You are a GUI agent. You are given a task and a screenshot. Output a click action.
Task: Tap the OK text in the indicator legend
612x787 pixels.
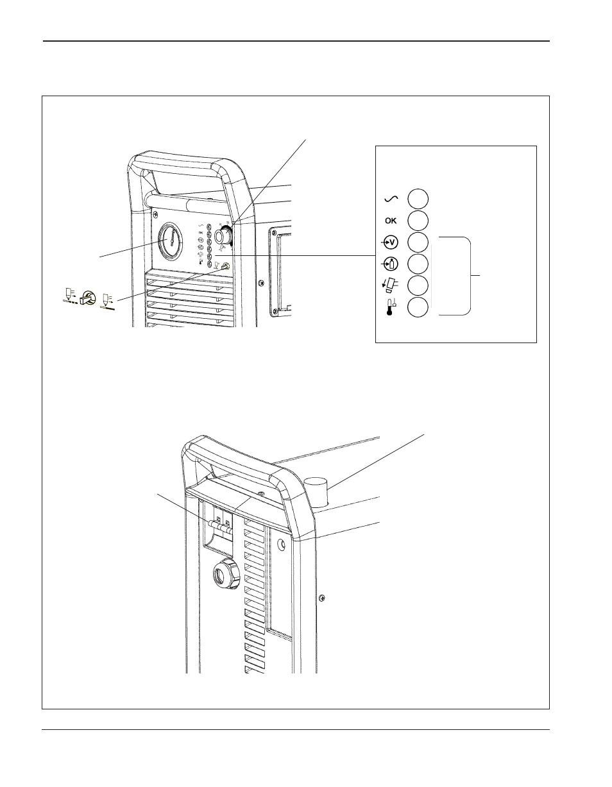click(390, 221)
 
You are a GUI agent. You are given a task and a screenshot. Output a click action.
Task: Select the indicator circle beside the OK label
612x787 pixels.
click(418, 220)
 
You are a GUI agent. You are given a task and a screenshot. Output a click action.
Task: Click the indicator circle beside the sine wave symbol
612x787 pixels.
click(418, 198)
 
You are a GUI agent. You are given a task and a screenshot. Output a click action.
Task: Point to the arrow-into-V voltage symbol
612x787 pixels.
click(390, 242)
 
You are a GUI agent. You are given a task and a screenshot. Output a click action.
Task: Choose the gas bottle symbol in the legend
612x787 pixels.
click(390, 263)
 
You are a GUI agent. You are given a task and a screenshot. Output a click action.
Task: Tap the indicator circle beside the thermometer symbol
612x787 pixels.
click(418, 307)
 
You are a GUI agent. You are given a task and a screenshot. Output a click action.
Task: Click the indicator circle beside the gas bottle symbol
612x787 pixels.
click(418, 263)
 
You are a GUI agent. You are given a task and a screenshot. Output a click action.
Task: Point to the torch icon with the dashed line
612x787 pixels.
click(67, 296)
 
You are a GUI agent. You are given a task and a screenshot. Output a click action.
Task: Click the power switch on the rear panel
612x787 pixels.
click(219, 525)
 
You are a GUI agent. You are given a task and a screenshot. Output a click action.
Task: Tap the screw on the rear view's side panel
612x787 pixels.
click(322, 597)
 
